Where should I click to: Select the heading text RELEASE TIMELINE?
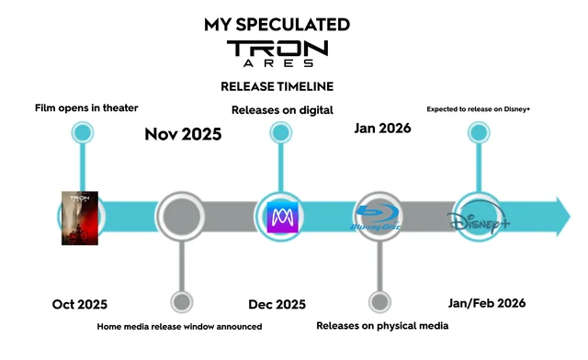277,86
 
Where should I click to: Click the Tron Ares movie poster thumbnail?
80,218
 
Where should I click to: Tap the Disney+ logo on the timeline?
479,221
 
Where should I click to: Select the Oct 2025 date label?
80,304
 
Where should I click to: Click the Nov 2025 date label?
183,134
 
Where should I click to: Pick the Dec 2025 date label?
277,304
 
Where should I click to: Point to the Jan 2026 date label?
382,128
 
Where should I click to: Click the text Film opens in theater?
86,107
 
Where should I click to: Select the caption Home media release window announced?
180,326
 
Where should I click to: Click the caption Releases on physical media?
382,325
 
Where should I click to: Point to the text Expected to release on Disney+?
479,109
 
